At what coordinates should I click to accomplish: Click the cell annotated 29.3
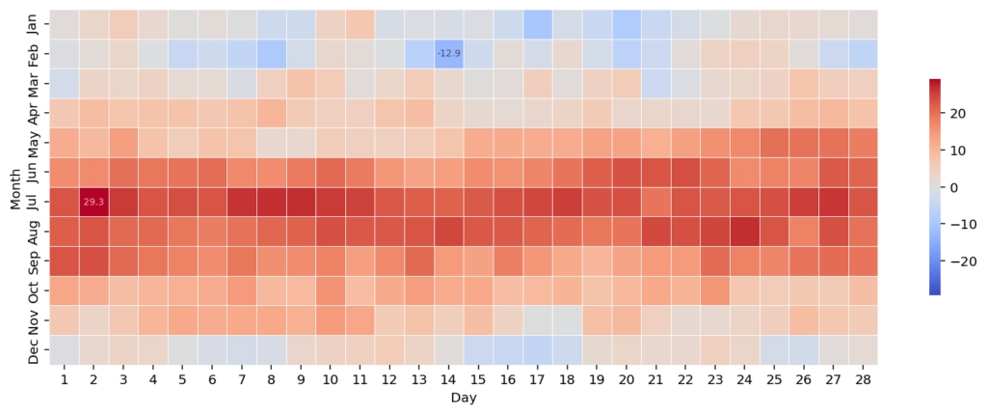click(93, 202)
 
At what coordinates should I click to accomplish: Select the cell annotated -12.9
click(448, 53)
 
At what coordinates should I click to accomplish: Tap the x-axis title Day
click(463, 398)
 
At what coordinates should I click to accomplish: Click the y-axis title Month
click(14, 187)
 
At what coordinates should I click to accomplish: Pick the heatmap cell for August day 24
click(744, 232)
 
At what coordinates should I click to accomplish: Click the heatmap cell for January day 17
click(537, 23)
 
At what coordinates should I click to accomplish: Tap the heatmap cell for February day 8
click(271, 53)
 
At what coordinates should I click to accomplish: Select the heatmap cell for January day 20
click(626, 23)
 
